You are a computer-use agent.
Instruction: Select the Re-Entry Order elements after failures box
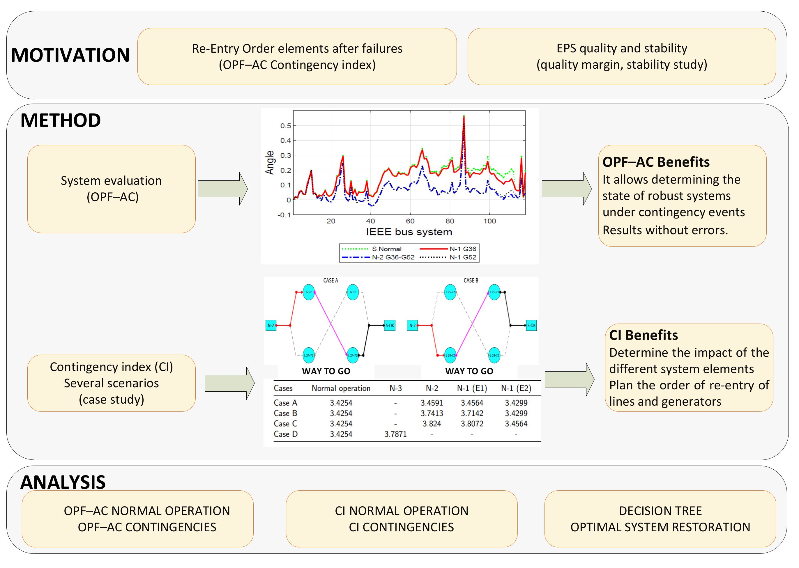pyautogui.click(x=297, y=56)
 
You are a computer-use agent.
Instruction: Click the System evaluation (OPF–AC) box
pyautogui.click(x=111, y=189)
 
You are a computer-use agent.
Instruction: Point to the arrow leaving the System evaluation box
pyautogui.click(x=222, y=189)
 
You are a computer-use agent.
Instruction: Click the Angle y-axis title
pyautogui.click(x=269, y=163)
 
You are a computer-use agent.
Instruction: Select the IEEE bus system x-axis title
pyautogui.click(x=409, y=232)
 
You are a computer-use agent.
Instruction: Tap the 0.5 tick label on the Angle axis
pyautogui.click(x=286, y=126)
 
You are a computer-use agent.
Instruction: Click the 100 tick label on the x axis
pyautogui.click(x=489, y=221)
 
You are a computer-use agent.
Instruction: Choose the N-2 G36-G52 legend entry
pyautogui.click(x=378, y=258)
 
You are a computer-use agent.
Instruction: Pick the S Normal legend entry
pyautogui.click(x=372, y=249)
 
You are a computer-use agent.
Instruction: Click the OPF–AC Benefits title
pyautogui.click(x=656, y=162)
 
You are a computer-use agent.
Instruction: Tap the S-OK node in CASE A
pyautogui.click(x=390, y=325)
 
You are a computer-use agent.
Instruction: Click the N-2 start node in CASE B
pyautogui.click(x=412, y=325)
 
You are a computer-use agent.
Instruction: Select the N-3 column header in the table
pyautogui.click(x=395, y=388)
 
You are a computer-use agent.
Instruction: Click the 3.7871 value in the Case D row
pyautogui.click(x=395, y=434)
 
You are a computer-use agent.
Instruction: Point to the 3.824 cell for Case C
pyautogui.click(x=432, y=424)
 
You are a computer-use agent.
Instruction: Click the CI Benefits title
pyautogui.click(x=643, y=335)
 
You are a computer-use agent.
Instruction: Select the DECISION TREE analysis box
pyautogui.click(x=660, y=519)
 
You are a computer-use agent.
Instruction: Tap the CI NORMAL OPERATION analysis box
pyautogui.click(x=402, y=519)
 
